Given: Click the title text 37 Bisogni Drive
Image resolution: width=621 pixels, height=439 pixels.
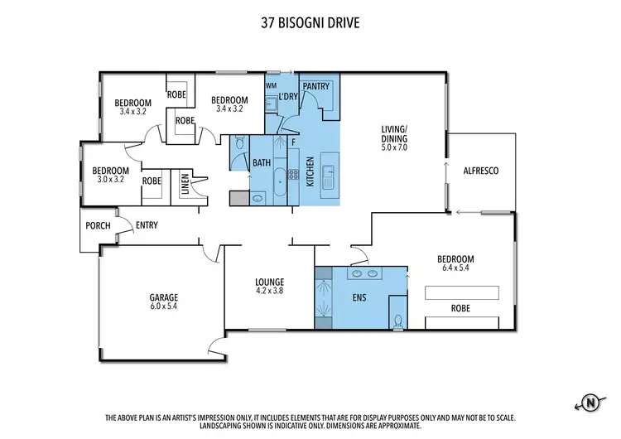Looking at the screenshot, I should (310, 24).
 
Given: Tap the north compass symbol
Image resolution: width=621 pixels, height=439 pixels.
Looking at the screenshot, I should (590, 403).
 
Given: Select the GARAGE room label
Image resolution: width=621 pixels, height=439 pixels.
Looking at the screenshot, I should (164, 297).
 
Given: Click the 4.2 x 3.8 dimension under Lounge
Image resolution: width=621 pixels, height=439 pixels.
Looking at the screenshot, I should (269, 291).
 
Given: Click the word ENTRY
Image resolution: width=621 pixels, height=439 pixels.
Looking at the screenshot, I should (147, 225).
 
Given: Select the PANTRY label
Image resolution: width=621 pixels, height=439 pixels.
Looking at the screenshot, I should (316, 86).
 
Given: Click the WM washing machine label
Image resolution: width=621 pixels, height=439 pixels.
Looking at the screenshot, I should (271, 85).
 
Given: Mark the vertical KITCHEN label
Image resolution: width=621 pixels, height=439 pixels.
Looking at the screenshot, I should (310, 171).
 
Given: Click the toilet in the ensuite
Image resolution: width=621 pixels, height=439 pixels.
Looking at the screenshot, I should (398, 320).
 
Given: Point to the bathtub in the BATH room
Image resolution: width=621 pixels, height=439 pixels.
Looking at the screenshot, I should (282, 181).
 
